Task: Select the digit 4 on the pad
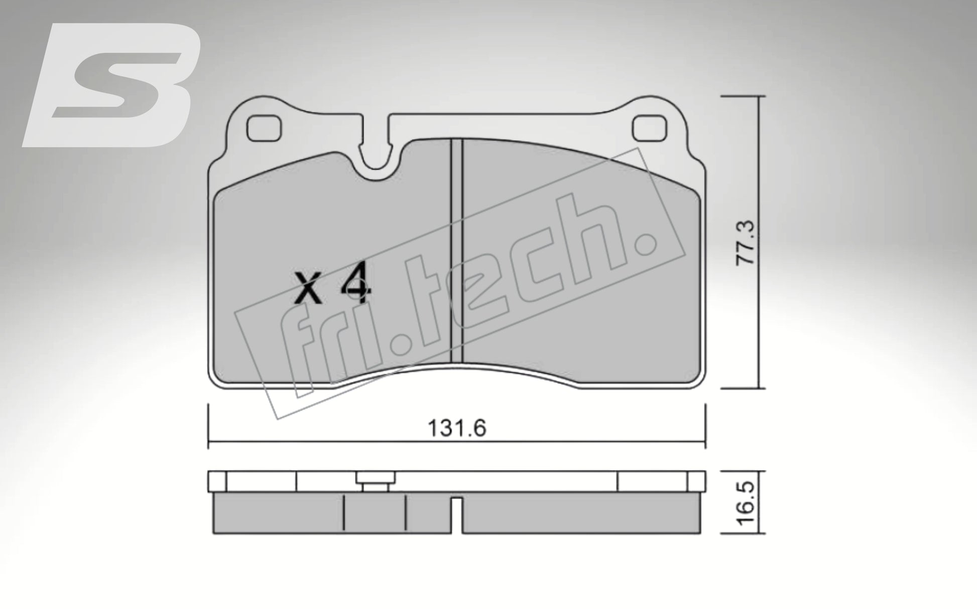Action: (x=355, y=289)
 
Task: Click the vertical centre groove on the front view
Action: (x=456, y=251)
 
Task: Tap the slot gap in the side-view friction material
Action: (x=457, y=515)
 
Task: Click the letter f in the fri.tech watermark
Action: (x=299, y=351)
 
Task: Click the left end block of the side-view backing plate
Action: (x=217, y=481)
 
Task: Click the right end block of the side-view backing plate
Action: (x=696, y=481)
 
